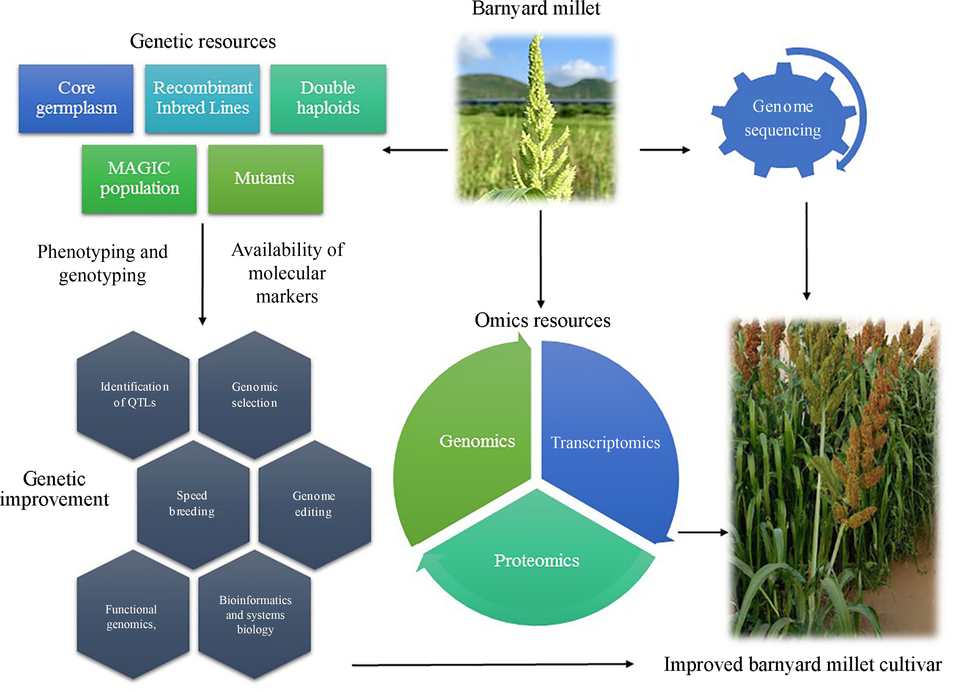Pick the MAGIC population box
click(x=139, y=179)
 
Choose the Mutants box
click(x=265, y=179)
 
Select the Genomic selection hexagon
click(x=254, y=394)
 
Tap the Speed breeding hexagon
click(x=193, y=503)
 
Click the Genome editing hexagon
click(x=314, y=503)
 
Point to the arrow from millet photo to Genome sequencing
click(x=665, y=150)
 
